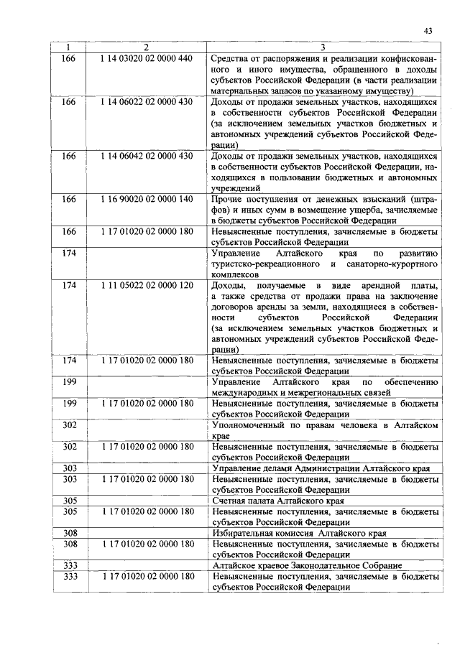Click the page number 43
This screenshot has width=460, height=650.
tap(428, 30)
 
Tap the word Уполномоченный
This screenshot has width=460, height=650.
tap(248, 425)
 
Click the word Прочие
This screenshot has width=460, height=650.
tap(227, 198)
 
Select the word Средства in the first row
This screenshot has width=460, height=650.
tap(231, 57)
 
